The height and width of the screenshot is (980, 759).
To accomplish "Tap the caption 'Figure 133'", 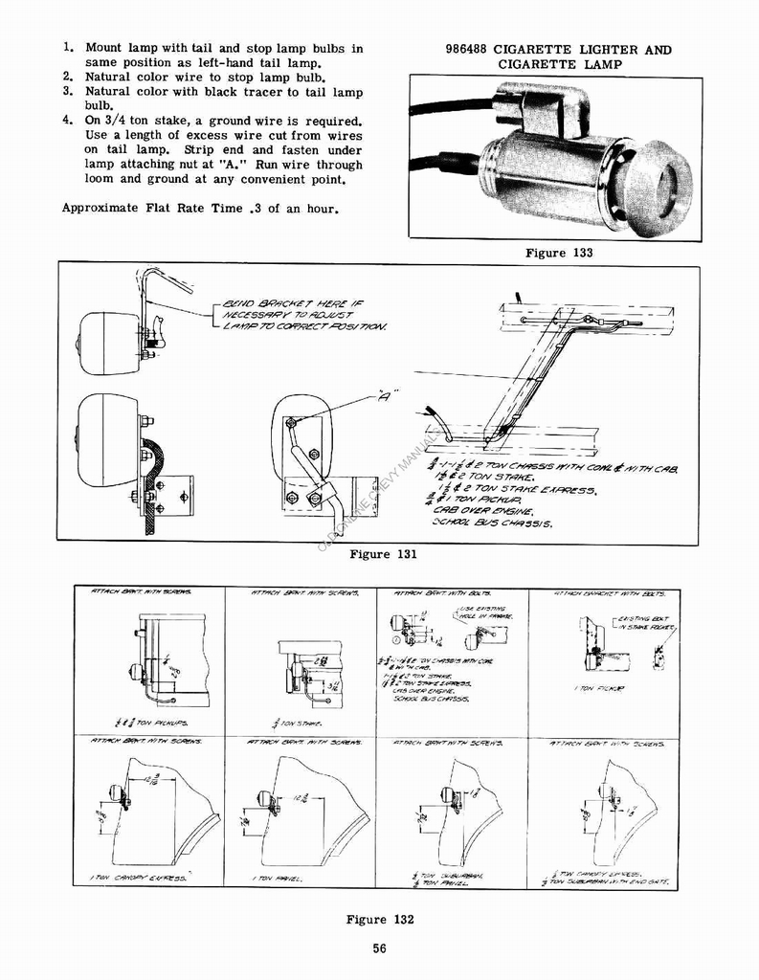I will [559, 254].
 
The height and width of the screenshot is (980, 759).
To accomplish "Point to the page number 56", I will [380, 948].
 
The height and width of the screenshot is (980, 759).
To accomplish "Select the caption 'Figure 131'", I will [383, 554].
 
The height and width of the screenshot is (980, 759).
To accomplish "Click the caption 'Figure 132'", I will [380, 920].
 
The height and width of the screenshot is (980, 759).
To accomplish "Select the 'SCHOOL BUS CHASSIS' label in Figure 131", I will [491, 523].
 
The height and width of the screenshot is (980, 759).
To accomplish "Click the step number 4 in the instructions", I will [67, 121].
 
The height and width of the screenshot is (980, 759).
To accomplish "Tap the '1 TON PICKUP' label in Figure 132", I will [594, 688].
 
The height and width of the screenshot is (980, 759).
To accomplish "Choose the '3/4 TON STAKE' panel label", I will [298, 723].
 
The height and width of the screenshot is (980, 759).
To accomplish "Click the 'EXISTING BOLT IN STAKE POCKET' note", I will [646, 624].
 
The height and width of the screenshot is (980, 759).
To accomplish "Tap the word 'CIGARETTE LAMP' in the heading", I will [559, 65].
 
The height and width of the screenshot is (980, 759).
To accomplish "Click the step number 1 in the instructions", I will [67, 47].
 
